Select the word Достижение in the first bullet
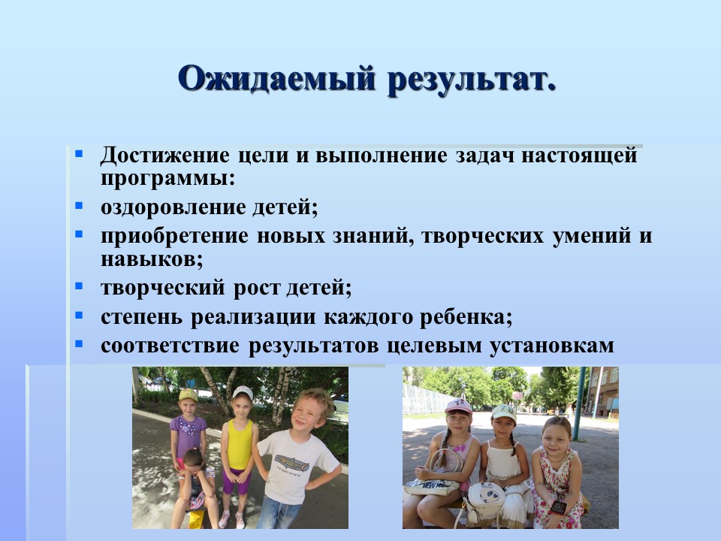tap(164, 155)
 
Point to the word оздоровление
tap(173, 207)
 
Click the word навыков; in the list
tap(152, 259)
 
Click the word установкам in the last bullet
tap(551, 346)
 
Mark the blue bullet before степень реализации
tap(79, 316)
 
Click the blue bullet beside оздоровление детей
tap(79, 206)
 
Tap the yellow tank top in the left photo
tap(240, 444)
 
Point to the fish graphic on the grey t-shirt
tap(291, 461)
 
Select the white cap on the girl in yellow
tap(243, 392)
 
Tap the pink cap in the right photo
tap(458, 406)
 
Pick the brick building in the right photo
tap(602, 390)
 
